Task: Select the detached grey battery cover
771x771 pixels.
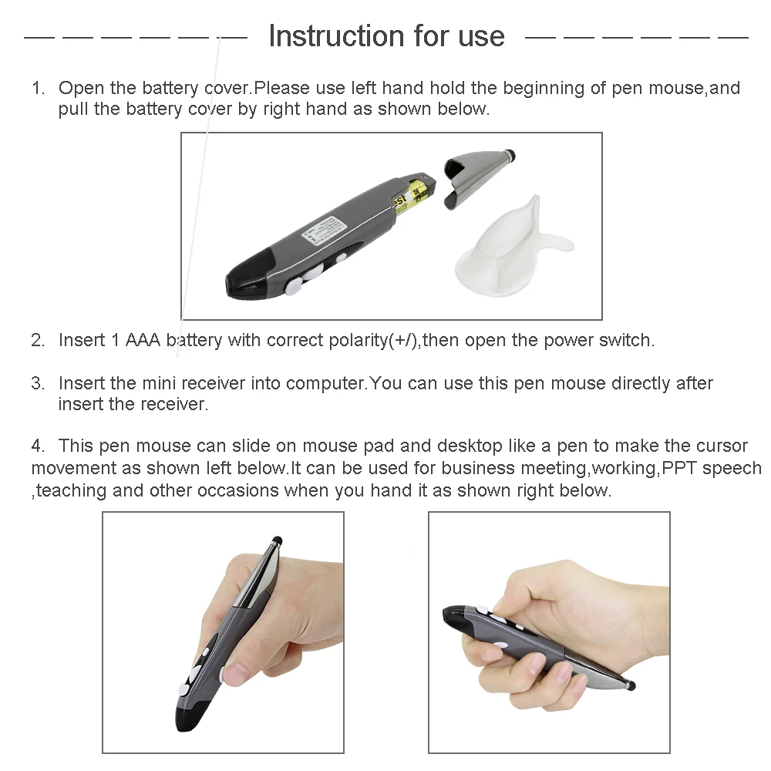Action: pos(478,177)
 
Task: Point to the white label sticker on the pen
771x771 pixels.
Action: pos(324,231)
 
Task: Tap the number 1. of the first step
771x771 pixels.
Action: pos(39,89)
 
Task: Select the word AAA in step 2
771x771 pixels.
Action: pos(143,340)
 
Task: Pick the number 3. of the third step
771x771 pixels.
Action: pos(38,383)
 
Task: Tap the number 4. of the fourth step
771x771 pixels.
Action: pos(38,446)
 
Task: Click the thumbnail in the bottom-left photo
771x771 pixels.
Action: pos(236,672)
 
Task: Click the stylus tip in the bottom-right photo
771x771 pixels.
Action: pos(631,685)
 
